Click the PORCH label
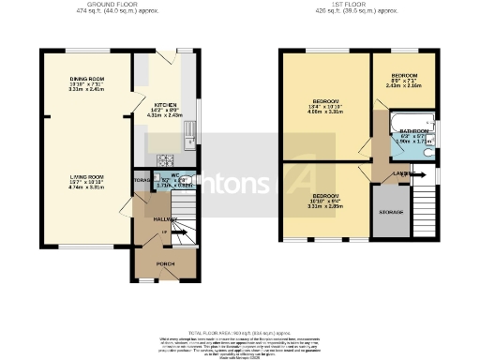165,263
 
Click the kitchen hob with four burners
165,159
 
